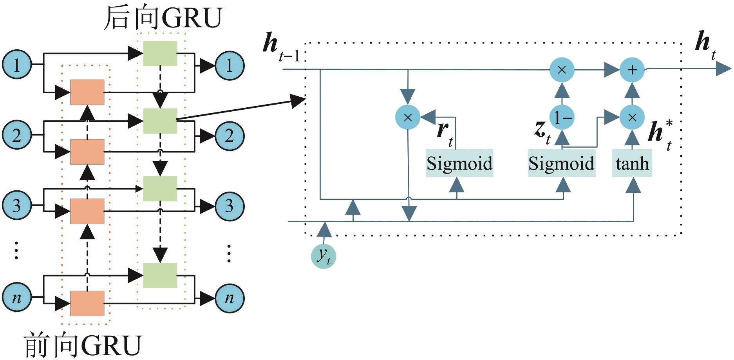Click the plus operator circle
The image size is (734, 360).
[x=632, y=70]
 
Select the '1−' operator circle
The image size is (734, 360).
[x=562, y=117]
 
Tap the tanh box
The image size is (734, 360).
[x=632, y=163]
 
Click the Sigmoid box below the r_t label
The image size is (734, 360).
[x=459, y=163]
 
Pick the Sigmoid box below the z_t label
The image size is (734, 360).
[x=561, y=163]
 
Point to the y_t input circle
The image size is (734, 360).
[x=324, y=256]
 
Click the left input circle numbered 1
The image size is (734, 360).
[x=17, y=65]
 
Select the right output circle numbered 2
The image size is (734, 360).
[x=230, y=136]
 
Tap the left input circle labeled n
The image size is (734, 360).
[x=17, y=298]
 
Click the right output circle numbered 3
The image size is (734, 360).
[x=230, y=206]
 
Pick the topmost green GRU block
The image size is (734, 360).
[x=160, y=53]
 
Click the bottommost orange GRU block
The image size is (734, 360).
[x=87, y=303]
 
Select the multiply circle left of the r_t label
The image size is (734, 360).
[x=408, y=117]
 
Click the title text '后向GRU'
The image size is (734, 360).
[x=163, y=18]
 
